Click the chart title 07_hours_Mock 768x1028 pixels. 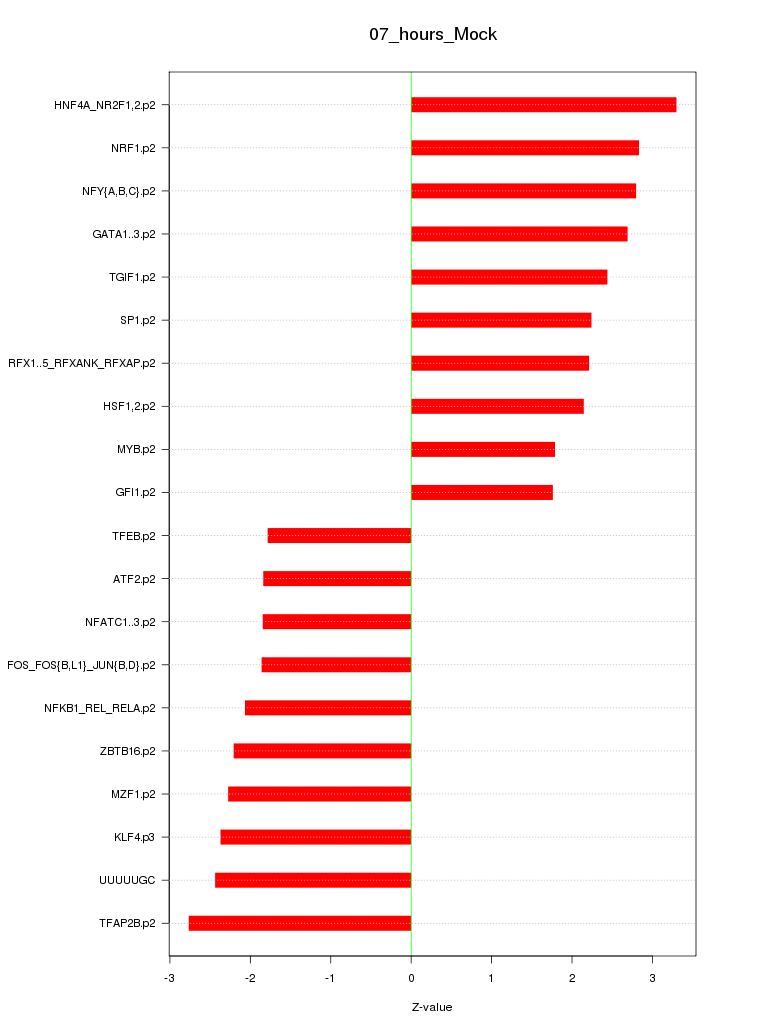tap(433, 34)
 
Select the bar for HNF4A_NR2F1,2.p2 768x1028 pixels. tap(543, 105)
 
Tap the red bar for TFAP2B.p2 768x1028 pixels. tap(300, 923)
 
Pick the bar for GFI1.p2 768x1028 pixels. tap(481, 492)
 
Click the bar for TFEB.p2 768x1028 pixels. tap(339, 536)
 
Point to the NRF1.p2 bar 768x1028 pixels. tap(524, 148)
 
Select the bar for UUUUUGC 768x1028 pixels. tap(313, 880)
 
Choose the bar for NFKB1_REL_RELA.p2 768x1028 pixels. tap(328, 708)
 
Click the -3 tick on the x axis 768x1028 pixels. tap(169, 977)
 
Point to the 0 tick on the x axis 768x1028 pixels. tap(411, 977)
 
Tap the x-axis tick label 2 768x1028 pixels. tap(572, 977)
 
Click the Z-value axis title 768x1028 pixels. tap(432, 1007)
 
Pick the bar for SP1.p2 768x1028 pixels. tap(501, 320)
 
